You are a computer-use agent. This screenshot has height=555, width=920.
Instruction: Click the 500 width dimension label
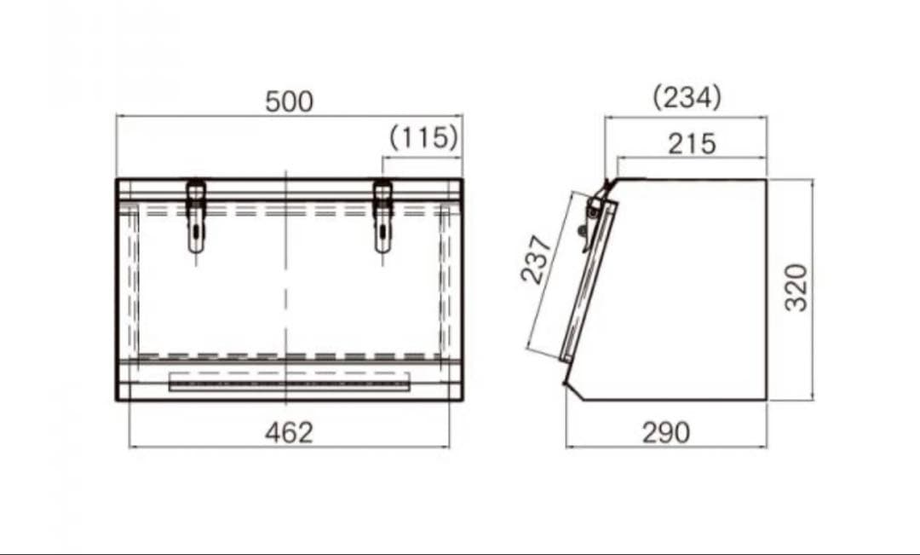[289, 101]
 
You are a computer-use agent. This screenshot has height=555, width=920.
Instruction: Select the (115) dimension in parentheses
[423, 137]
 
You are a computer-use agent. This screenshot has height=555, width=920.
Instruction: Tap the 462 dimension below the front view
[289, 432]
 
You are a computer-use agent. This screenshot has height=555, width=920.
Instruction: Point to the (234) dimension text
[687, 97]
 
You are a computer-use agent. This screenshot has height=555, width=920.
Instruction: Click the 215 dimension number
[691, 144]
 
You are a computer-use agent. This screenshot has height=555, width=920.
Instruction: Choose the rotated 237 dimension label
[537, 259]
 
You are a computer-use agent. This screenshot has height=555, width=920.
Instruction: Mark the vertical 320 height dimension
[796, 287]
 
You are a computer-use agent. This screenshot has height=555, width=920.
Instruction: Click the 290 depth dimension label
[665, 432]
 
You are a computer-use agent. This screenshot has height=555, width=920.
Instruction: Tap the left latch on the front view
[196, 217]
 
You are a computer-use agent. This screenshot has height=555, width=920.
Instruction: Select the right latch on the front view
[383, 217]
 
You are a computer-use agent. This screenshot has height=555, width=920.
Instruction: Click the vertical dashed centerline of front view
[286, 281]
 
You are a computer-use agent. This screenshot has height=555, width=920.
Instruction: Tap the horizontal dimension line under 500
[213, 114]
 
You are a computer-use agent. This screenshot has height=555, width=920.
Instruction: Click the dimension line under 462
[213, 446]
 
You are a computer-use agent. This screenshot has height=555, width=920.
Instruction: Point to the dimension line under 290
[613, 446]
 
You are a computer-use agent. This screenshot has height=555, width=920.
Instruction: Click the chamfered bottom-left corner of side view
[572, 391]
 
